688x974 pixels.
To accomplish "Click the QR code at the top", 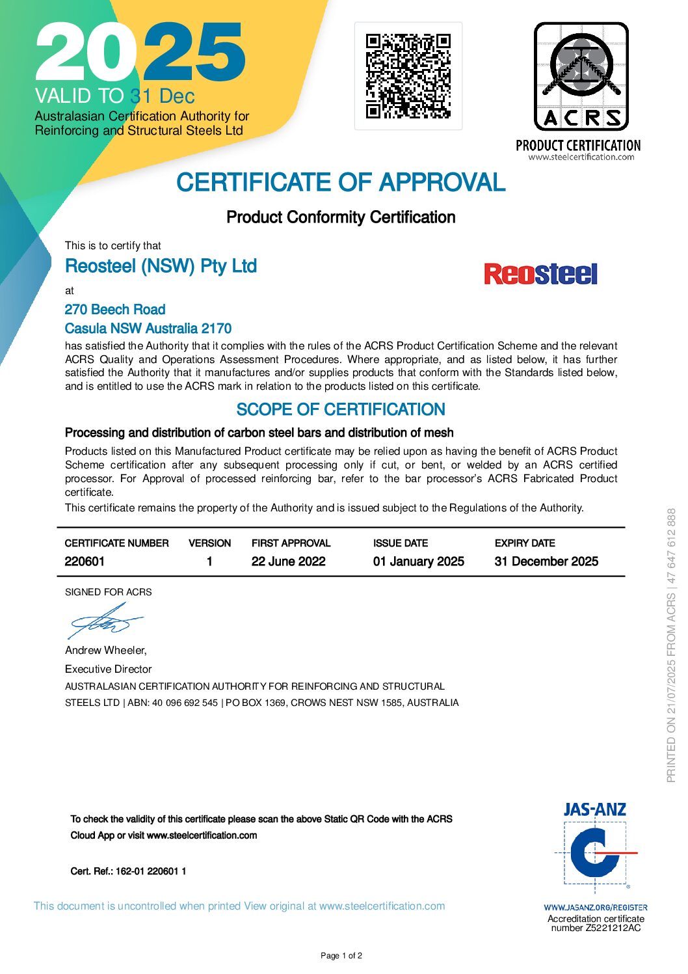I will pyautogui.click(x=408, y=76).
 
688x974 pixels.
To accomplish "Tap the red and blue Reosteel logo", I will pyautogui.click(x=540, y=274).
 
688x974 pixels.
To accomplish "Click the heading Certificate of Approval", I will pyautogui.click(x=341, y=183).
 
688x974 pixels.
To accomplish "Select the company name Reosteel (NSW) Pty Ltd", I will pyautogui.click(x=161, y=266).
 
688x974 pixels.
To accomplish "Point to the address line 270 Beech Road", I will pyautogui.click(x=115, y=310).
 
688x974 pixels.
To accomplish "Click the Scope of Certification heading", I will pyautogui.click(x=341, y=410).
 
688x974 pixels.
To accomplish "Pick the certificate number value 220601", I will pyautogui.click(x=85, y=561).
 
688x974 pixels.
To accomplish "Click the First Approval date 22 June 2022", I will pyautogui.click(x=288, y=561).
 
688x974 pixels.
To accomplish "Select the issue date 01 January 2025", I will pyautogui.click(x=418, y=561).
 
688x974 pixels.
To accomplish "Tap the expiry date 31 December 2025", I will pyautogui.click(x=546, y=561).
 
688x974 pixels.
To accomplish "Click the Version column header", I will pyautogui.click(x=209, y=543).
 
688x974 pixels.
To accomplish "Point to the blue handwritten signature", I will pyautogui.click(x=104, y=621).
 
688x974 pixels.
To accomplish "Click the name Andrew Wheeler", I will pyautogui.click(x=105, y=650).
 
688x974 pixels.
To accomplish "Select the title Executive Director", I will pyautogui.click(x=108, y=669).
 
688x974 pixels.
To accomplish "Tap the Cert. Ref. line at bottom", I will pyautogui.click(x=128, y=871).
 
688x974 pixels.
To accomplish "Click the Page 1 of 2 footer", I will pyautogui.click(x=341, y=956).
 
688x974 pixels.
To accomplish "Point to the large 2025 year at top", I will pyautogui.click(x=140, y=52).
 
